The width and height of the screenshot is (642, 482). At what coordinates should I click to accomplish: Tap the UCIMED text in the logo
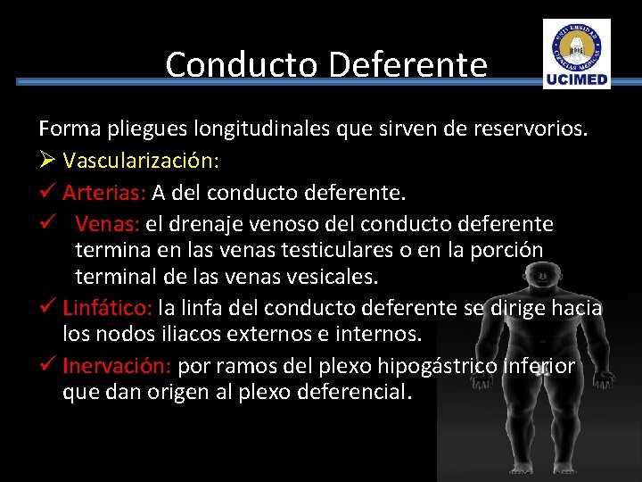point(577,79)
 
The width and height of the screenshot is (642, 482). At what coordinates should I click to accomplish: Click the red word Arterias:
point(104,192)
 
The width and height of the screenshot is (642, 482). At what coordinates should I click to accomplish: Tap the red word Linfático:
point(108,309)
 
